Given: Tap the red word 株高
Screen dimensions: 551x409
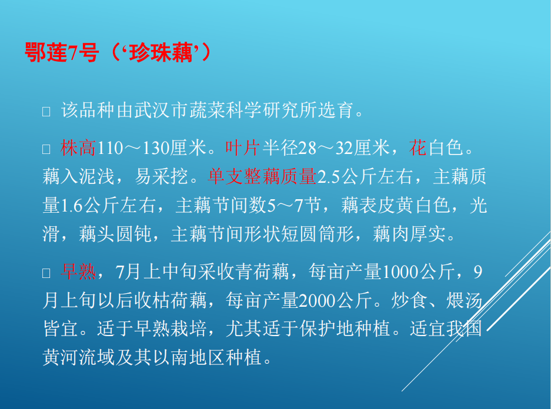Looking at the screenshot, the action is pos(78,148).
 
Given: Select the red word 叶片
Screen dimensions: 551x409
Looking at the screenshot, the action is pos(242,148).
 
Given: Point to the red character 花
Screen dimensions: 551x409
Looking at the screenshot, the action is pos(418,148).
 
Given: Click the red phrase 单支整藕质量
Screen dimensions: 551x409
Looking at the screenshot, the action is pos(262,177).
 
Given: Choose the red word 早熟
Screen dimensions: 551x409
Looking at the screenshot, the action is pos(78,271).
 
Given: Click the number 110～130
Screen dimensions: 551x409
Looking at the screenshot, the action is pos(133,148).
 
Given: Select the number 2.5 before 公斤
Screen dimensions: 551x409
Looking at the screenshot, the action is pos(328,177).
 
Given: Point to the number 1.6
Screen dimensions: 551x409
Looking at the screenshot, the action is pos(72,206).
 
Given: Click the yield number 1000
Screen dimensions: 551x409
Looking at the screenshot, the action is pos(400,272).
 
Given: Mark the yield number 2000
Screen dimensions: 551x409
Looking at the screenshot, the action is pos(317,301).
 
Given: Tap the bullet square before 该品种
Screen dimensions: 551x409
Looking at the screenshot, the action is pos(46,112).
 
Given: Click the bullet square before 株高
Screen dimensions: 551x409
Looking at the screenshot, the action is pos(46,149).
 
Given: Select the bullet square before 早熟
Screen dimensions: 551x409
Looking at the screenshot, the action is pos(46,273).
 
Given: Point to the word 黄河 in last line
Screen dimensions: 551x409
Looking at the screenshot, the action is pos(60,358).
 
